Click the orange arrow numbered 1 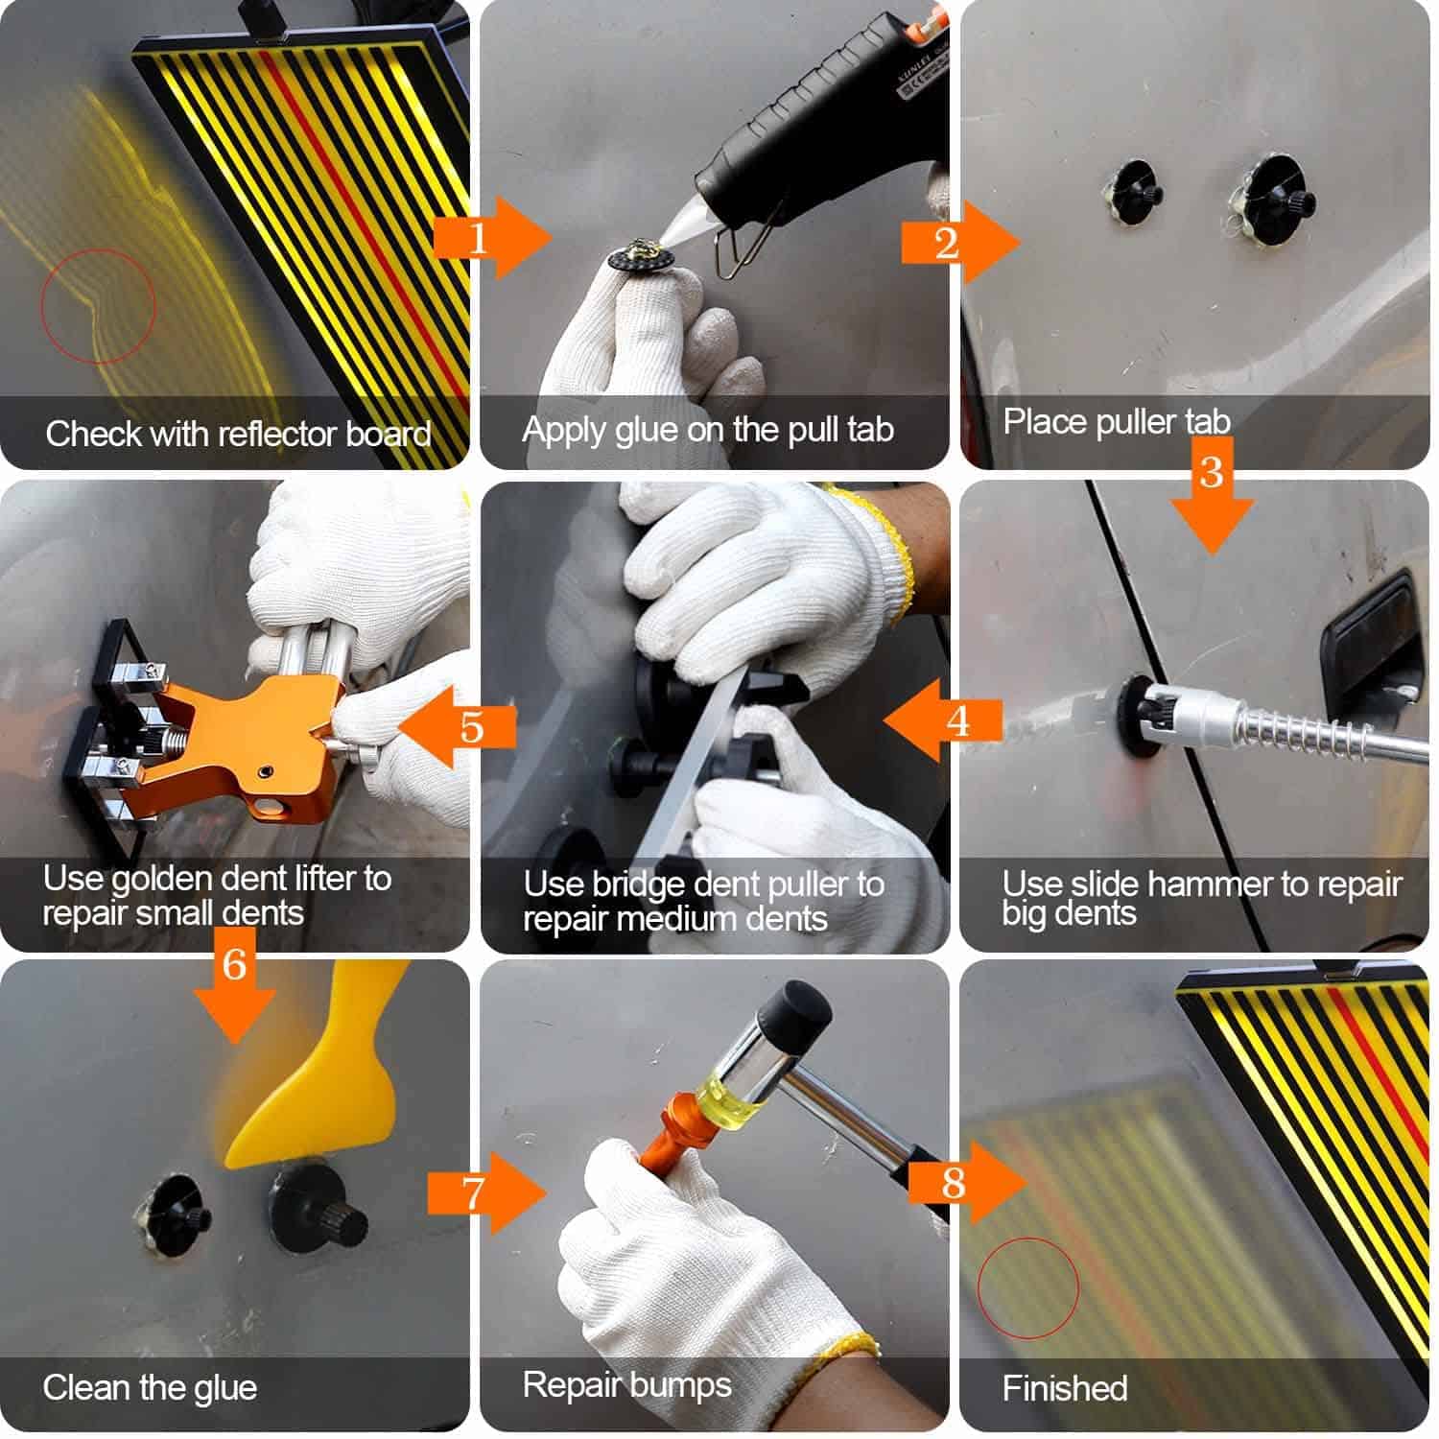click(x=493, y=238)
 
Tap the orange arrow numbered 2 click(x=960, y=242)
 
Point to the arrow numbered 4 click(x=943, y=720)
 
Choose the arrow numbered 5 click(x=456, y=727)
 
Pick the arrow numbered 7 click(x=487, y=1192)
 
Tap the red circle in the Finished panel click(x=1027, y=1288)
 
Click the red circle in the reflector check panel click(x=97, y=306)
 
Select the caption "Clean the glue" click(x=150, y=1388)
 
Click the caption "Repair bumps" click(x=627, y=1385)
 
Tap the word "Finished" click(x=1065, y=1388)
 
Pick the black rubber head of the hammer click(x=795, y=1016)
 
